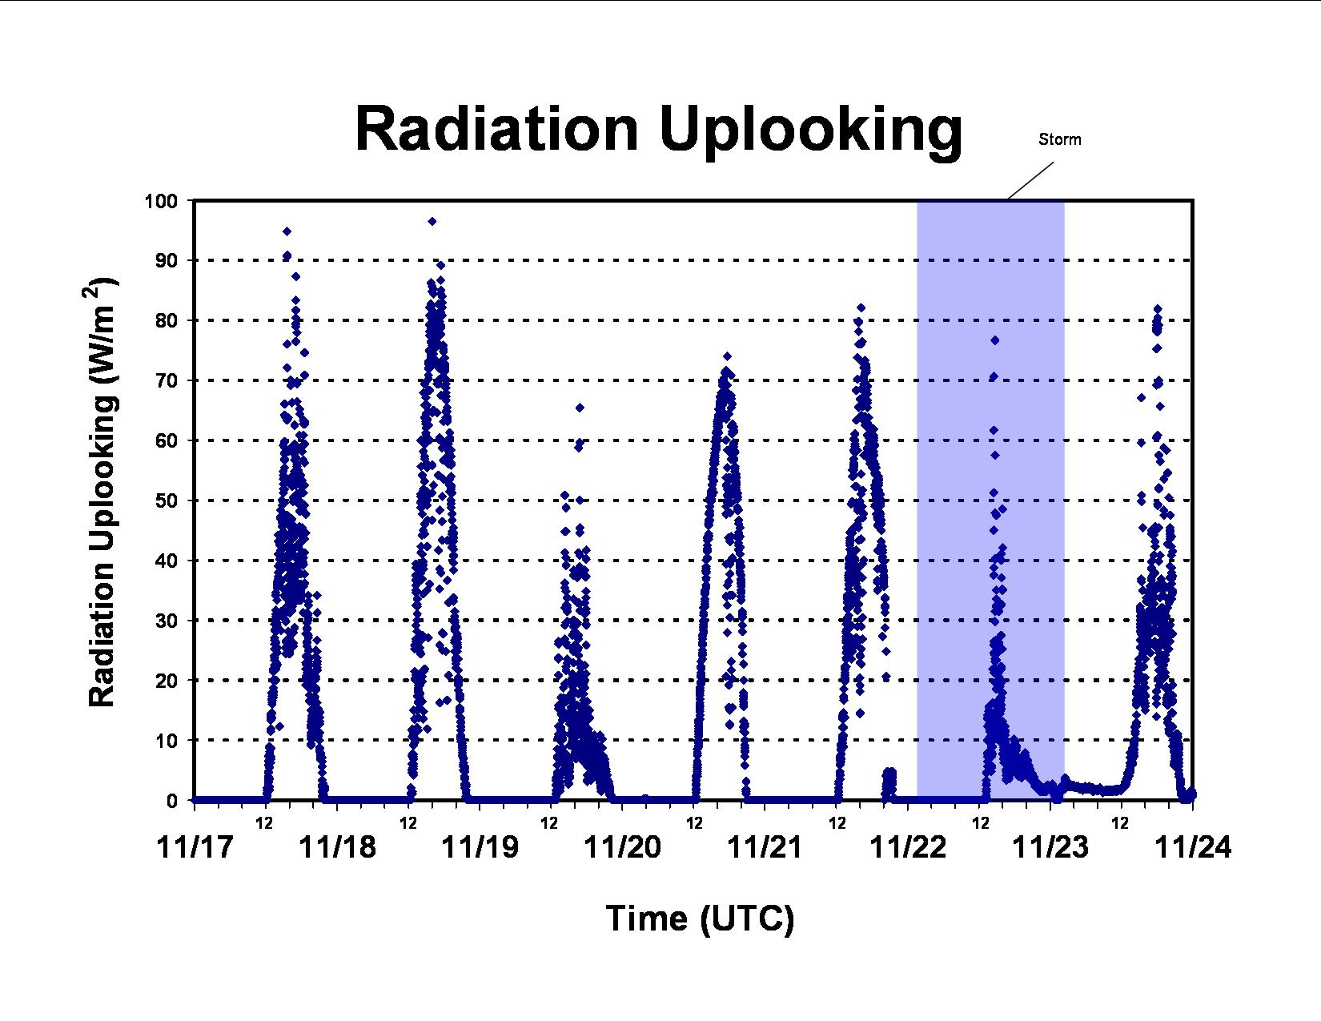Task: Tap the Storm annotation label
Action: coord(1059,140)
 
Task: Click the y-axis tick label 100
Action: coord(160,201)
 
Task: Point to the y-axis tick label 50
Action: coord(167,501)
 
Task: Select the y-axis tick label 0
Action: coord(172,801)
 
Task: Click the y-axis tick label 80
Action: coord(167,321)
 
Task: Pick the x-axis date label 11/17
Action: coord(195,847)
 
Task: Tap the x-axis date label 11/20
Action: coord(623,847)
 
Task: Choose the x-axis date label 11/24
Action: coord(1193,847)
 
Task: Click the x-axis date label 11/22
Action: coord(908,847)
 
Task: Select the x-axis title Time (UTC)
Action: coord(701,918)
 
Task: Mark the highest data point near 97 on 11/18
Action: coord(432,221)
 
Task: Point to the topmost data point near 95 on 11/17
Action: coord(287,231)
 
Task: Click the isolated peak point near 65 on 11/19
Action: coord(580,408)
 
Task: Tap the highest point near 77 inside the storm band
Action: coord(995,340)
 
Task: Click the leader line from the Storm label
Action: coord(1031,181)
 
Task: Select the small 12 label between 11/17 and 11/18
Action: coord(264,823)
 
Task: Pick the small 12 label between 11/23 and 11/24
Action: coord(1120,823)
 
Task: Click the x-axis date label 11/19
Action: coord(480,847)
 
